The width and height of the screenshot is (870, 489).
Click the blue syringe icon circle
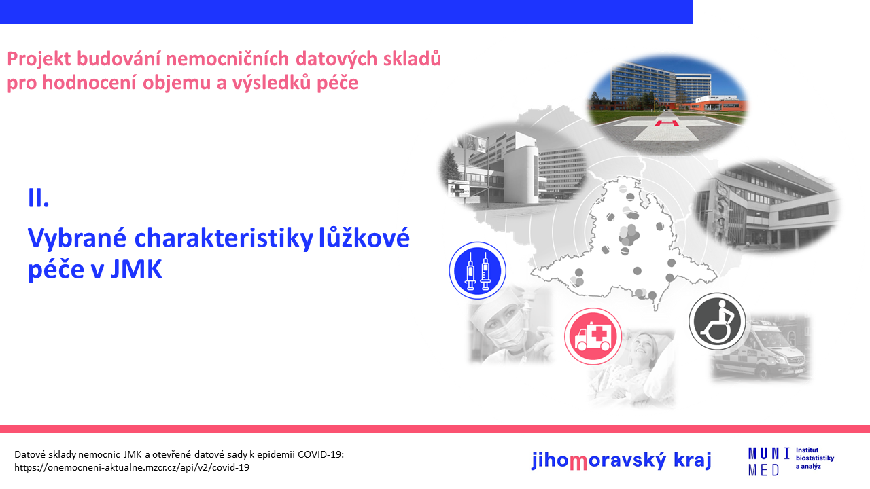(477, 270)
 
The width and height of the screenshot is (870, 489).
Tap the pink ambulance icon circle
(593, 336)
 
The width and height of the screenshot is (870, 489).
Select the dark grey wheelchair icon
(717, 321)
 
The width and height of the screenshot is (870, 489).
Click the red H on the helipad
(667, 124)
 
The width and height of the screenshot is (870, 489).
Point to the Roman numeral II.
(39, 198)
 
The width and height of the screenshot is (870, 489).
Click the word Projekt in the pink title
(39, 59)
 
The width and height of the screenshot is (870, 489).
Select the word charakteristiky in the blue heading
(224, 238)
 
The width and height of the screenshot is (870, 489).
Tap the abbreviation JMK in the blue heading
(136, 270)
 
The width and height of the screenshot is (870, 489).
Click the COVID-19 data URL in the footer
(132, 467)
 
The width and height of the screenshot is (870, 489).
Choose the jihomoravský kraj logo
(621, 460)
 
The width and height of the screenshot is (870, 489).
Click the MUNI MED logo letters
(769, 461)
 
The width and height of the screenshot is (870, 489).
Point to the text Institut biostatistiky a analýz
(815, 458)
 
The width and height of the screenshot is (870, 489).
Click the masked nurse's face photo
(510, 325)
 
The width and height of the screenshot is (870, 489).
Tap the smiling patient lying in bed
(631, 368)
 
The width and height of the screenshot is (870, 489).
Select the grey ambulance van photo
(761, 347)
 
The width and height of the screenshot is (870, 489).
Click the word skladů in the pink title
(412, 59)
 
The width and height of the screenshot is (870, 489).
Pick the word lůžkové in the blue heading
(364, 238)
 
